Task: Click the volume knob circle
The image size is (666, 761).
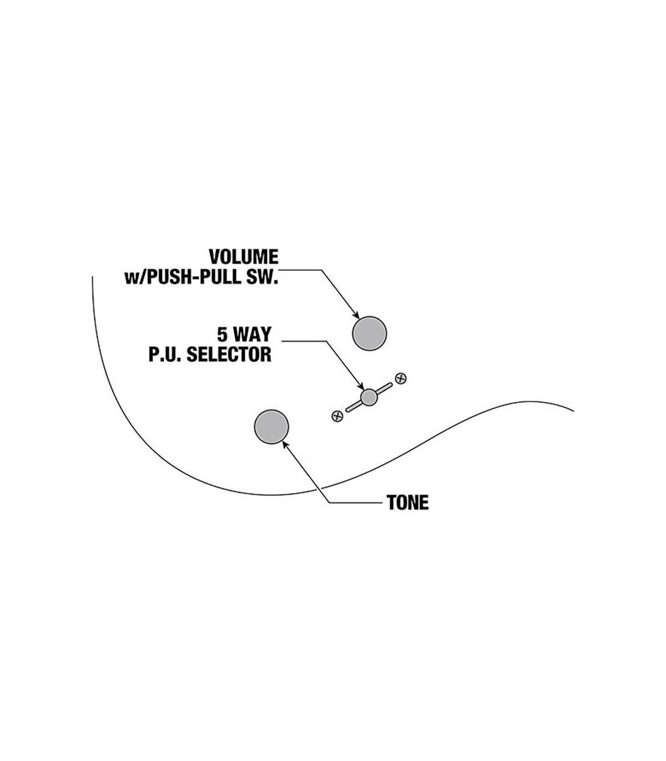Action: pyautogui.click(x=369, y=333)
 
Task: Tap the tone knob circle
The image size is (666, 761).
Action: pyautogui.click(x=271, y=427)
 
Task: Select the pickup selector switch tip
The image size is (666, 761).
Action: pyautogui.click(x=369, y=397)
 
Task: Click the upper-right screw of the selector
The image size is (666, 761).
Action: pyautogui.click(x=401, y=379)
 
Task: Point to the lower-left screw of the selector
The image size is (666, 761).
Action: pyautogui.click(x=337, y=416)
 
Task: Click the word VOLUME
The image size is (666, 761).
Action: pyautogui.click(x=243, y=257)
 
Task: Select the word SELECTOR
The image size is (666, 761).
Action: pyautogui.click(x=229, y=354)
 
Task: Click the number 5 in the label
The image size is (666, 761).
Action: pyautogui.click(x=222, y=334)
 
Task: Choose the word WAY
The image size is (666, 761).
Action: pyautogui.click(x=253, y=334)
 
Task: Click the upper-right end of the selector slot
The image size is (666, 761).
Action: pyautogui.click(x=390, y=384)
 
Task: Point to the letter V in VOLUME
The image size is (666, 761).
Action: pyautogui.click(x=214, y=257)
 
